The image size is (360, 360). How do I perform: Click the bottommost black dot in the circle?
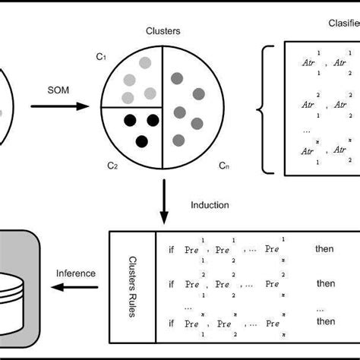click(x=141, y=141)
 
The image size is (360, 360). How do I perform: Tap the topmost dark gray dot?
click(x=177, y=77)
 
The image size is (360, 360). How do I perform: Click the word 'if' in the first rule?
click(x=171, y=248)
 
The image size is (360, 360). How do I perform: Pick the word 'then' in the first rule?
click(x=325, y=248)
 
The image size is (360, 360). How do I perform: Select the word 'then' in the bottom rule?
click(x=325, y=321)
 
